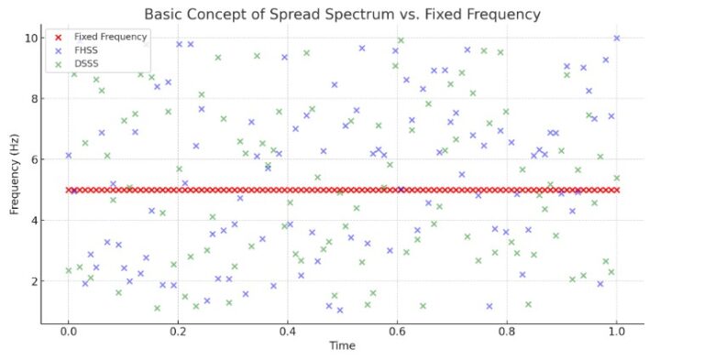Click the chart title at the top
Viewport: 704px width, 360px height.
click(x=342, y=15)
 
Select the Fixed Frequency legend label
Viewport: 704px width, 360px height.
click(x=110, y=37)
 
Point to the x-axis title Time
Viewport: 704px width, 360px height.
click(x=342, y=345)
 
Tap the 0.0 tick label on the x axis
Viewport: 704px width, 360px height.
click(x=68, y=330)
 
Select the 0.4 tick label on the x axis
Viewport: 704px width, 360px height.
click(x=287, y=330)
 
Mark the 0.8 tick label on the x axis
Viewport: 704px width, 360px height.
click(x=507, y=330)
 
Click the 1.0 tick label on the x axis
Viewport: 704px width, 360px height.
click(x=616, y=330)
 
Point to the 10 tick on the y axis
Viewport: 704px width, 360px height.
click(x=30, y=38)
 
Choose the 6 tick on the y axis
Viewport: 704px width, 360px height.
click(x=33, y=159)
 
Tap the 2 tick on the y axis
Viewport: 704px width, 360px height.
click(x=33, y=281)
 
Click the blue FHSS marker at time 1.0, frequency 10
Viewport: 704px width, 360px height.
click(x=616, y=38)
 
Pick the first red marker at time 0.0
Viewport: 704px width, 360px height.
click(x=68, y=190)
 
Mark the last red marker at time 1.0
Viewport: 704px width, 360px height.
click(x=616, y=190)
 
